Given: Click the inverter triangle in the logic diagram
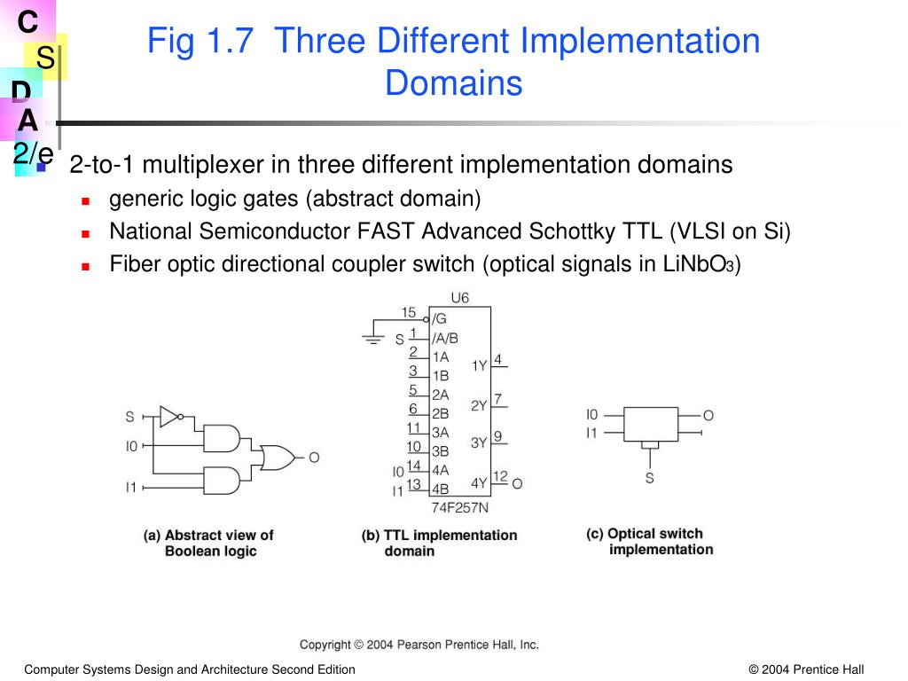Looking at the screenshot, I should (169, 414).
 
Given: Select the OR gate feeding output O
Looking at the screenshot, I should (278, 458).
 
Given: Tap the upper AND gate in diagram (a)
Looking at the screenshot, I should (222, 437).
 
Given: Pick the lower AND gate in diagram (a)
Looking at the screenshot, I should (222, 481).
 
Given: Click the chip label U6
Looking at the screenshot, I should (459, 298).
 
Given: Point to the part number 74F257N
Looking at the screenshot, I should (459, 508).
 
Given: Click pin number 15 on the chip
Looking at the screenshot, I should (409, 312).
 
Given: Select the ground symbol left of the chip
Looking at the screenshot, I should (374, 337).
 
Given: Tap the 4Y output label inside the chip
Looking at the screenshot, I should (479, 483).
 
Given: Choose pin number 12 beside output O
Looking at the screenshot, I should (500, 477).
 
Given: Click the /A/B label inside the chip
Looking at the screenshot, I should (445, 338).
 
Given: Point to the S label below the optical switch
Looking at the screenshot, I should (650, 478).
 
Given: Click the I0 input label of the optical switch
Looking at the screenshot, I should (592, 414).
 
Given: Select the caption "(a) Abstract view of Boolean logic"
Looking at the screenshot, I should (209, 543).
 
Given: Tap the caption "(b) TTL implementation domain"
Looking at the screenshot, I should (439, 543).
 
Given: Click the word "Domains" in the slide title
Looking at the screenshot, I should (453, 83).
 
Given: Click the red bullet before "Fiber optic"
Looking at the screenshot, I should (86, 265).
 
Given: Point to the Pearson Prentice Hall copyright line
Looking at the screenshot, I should (419, 645).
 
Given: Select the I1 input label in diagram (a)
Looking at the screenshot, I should (131, 487).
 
